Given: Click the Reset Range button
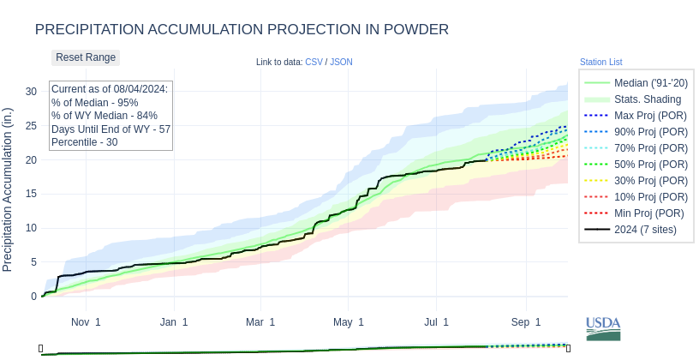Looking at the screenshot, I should tap(86, 57).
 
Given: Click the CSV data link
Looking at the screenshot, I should tap(314, 62).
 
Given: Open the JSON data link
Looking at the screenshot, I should tap(341, 62).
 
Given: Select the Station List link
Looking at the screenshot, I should tap(600, 62).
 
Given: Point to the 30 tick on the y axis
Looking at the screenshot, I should tap(31, 92).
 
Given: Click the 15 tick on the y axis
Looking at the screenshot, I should tap(31, 194).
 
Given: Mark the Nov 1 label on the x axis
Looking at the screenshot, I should tap(86, 322).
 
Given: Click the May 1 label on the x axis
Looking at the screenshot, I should tap(349, 322).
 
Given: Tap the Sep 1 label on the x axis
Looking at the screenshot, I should tap(526, 322).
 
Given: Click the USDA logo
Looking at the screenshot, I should tap(603, 328).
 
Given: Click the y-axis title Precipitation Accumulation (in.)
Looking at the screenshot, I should tap(8, 189).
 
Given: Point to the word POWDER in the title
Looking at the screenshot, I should tap(409, 30).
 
